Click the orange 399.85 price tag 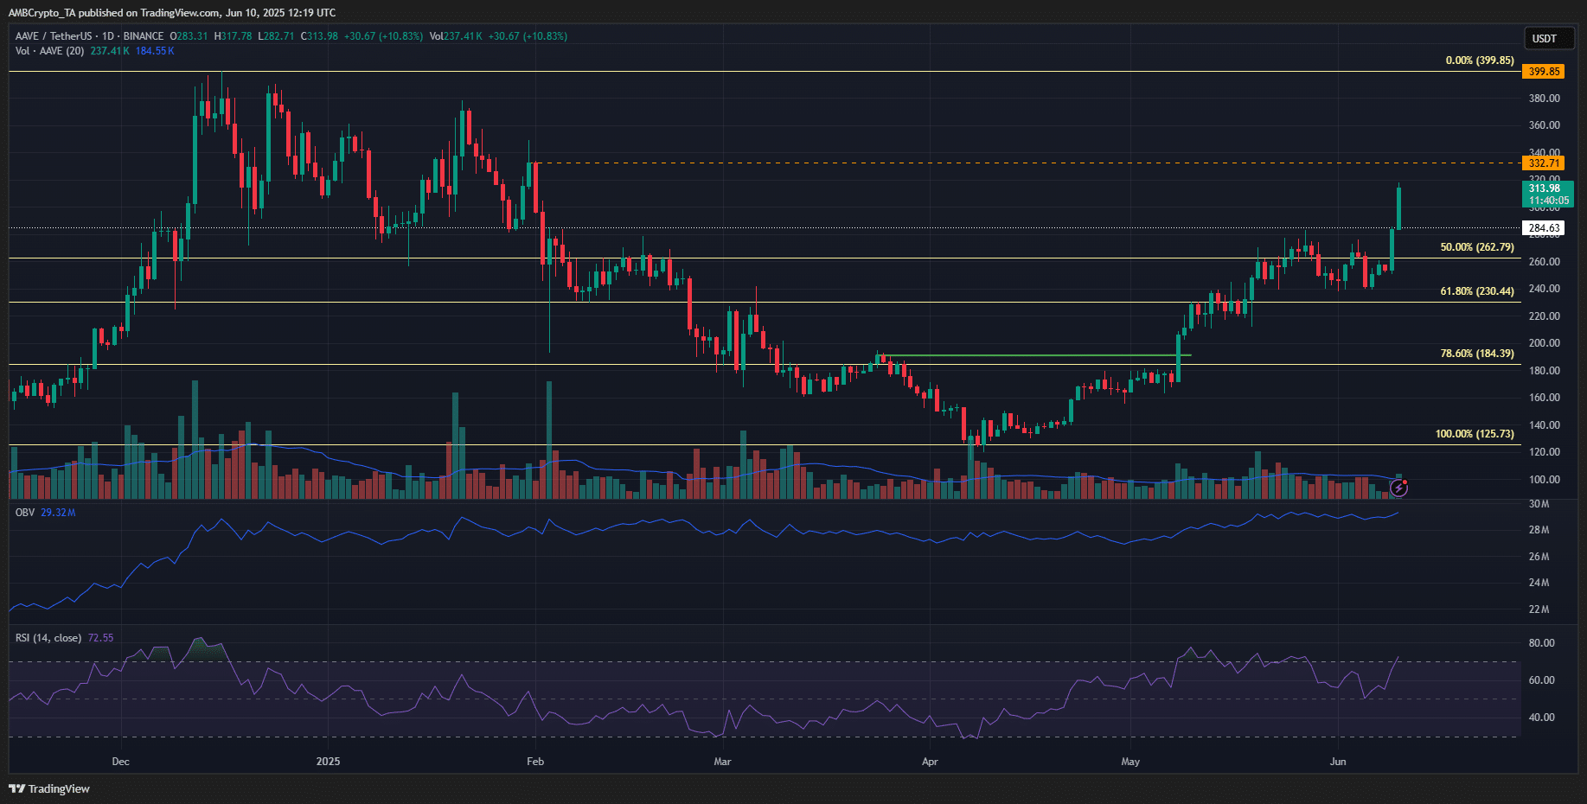pyautogui.click(x=1543, y=72)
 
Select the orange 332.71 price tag pyautogui.click(x=1543, y=163)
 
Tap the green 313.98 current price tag pyautogui.click(x=1547, y=194)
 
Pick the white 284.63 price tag pyautogui.click(x=1543, y=228)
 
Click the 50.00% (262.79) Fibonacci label pyautogui.click(x=1476, y=247)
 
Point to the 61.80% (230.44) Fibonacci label pyautogui.click(x=1476, y=291)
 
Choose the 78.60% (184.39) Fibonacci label pyautogui.click(x=1476, y=354)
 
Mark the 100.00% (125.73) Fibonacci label pyautogui.click(x=1474, y=434)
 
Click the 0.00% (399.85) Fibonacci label pyautogui.click(x=1479, y=61)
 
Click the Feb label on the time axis pyautogui.click(x=535, y=762)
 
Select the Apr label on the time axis pyautogui.click(x=930, y=762)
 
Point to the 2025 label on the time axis pyautogui.click(x=328, y=762)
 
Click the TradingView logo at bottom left pyautogui.click(x=49, y=788)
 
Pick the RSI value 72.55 pyautogui.click(x=100, y=638)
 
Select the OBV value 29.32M pyautogui.click(x=58, y=513)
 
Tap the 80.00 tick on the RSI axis pyautogui.click(x=1541, y=643)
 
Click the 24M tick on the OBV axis pyautogui.click(x=1539, y=583)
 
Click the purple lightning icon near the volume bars pyautogui.click(x=1398, y=488)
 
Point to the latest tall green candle pyautogui.click(x=1398, y=207)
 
